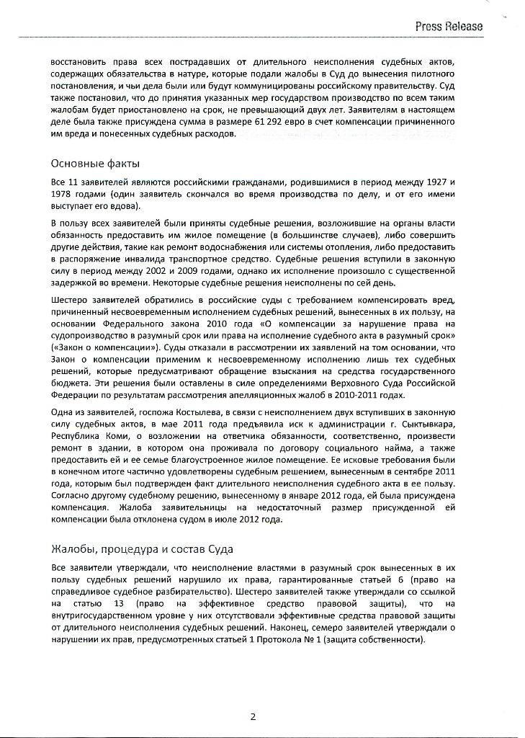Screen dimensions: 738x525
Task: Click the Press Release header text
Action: [448, 27]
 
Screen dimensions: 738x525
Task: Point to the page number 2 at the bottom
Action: [253, 716]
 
